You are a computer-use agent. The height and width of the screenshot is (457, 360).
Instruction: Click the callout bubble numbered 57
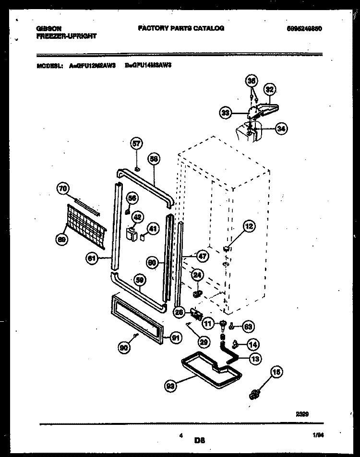(137, 143)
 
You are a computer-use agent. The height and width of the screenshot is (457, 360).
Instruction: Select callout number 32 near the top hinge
(270, 89)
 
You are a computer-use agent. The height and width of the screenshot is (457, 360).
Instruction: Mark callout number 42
(137, 218)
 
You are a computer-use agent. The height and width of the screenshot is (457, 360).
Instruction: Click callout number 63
(248, 328)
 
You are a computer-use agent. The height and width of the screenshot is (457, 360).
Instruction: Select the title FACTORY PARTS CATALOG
(180, 28)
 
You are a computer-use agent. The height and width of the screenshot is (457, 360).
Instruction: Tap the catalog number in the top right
(302, 29)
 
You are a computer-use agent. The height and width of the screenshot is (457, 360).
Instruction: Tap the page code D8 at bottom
(200, 440)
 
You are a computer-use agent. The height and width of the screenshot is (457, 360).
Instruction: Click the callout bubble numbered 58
(154, 160)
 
